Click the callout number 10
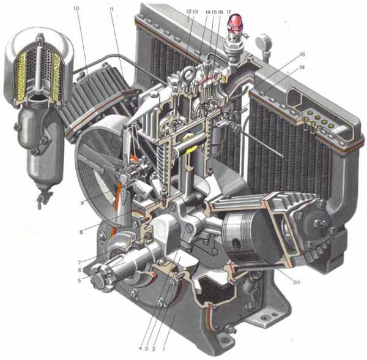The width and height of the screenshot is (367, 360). (76, 9)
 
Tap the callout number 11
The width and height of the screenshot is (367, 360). (112, 9)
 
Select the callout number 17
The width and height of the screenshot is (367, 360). (229, 12)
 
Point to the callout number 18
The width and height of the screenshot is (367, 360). (302, 54)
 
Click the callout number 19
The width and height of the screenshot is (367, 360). (302, 67)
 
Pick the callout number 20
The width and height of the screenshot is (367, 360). (296, 282)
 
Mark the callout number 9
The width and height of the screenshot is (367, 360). (82, 203)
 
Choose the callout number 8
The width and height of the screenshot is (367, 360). (81, 233)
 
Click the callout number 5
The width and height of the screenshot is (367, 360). (80, 280)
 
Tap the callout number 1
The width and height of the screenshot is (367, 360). (164, 349)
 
